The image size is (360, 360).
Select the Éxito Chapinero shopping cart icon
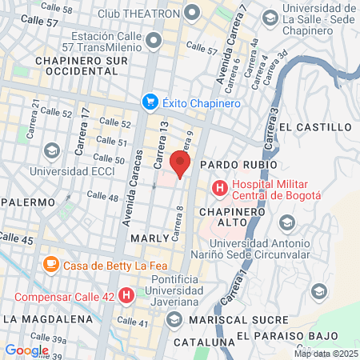coord(150,102)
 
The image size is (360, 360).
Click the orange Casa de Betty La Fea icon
coord(51,263)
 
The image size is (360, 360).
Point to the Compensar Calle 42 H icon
coord(126,295)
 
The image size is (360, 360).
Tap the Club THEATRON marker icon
coord(192,13)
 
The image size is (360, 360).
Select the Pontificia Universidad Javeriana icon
coord(175,320)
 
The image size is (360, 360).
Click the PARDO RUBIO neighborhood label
coord(238,165)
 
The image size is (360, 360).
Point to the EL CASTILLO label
coord(315,126)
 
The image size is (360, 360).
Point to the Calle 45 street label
coord(16,238)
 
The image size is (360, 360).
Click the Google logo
coord(26,350)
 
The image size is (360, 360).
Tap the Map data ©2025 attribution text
coord(326,354)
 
